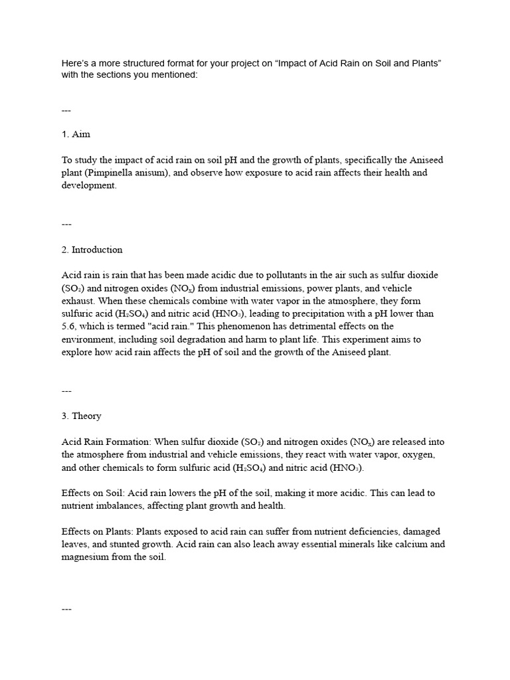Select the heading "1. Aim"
tap(76, 134)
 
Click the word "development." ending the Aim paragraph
tap(89, 186)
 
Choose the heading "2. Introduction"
tap(92, 250)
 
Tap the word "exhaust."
tap(79, 301)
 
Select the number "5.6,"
tap(71, 326)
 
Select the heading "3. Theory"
tap(81, 416)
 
